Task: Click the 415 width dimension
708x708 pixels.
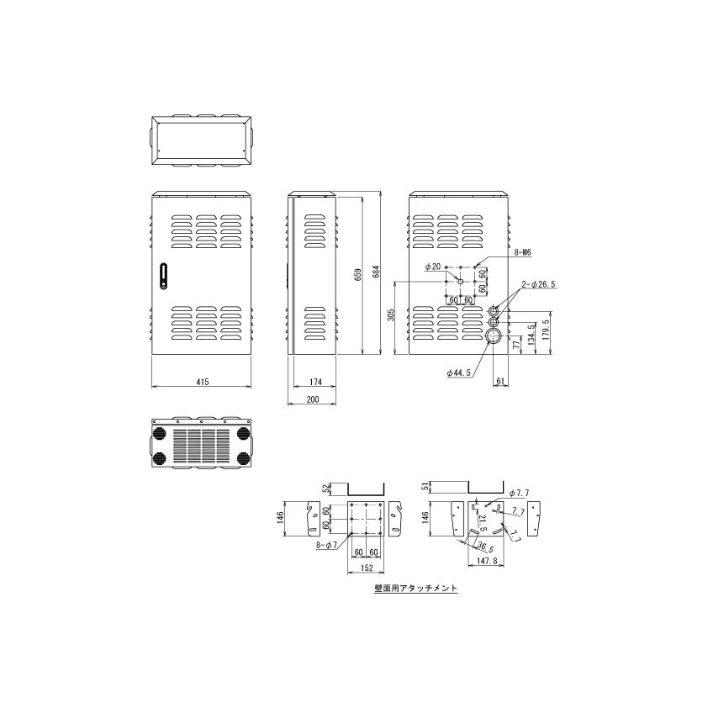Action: click(203, 382)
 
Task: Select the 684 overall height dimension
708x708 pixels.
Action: click(376, 272)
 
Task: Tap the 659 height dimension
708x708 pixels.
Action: click(358, 276)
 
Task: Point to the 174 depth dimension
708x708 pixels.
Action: click(315, 382)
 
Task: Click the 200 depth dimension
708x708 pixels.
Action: click(313, 399)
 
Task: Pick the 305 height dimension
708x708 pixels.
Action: click(391, 314)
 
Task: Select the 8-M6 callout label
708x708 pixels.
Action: click(522, 253)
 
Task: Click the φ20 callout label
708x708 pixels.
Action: click(432, 267)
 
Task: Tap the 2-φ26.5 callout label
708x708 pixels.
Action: click(538, 284)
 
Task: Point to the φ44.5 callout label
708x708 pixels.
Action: click(459, 372)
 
